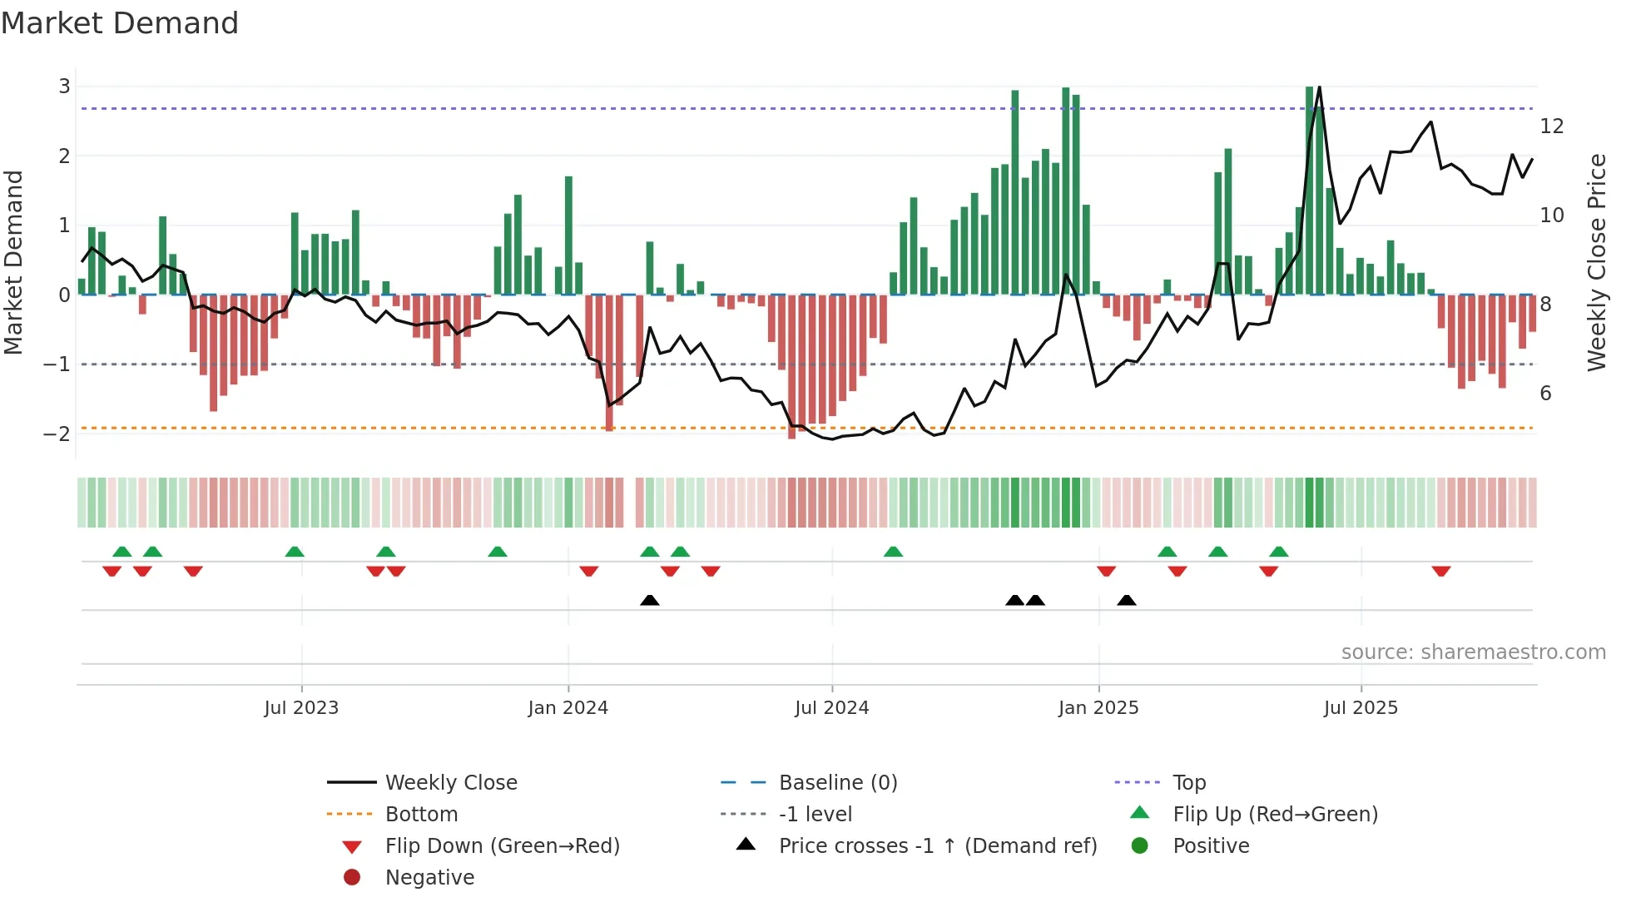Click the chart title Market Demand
[120, 23]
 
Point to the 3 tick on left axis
[64, 87]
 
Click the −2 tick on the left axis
[57, 434]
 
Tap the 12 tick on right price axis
[1551, 126]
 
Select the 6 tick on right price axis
[1545, 394]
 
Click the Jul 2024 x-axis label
[831, 708]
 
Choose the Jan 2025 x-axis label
[1098, 708]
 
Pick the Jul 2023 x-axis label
[301, 708]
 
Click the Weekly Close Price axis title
[1596, 262]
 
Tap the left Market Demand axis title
[14, 262]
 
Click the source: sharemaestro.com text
[1473, 652]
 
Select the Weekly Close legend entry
[450, 783]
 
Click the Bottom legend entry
[421, 815]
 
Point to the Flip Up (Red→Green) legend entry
[1274, 815]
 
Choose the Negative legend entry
[429, 878]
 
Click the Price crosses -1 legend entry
[937, 846]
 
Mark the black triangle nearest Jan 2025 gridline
[1126, 601]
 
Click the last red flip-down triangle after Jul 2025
[1441, 572]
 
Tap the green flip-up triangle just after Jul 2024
[893, 552]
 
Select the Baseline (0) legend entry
[837, 783]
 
